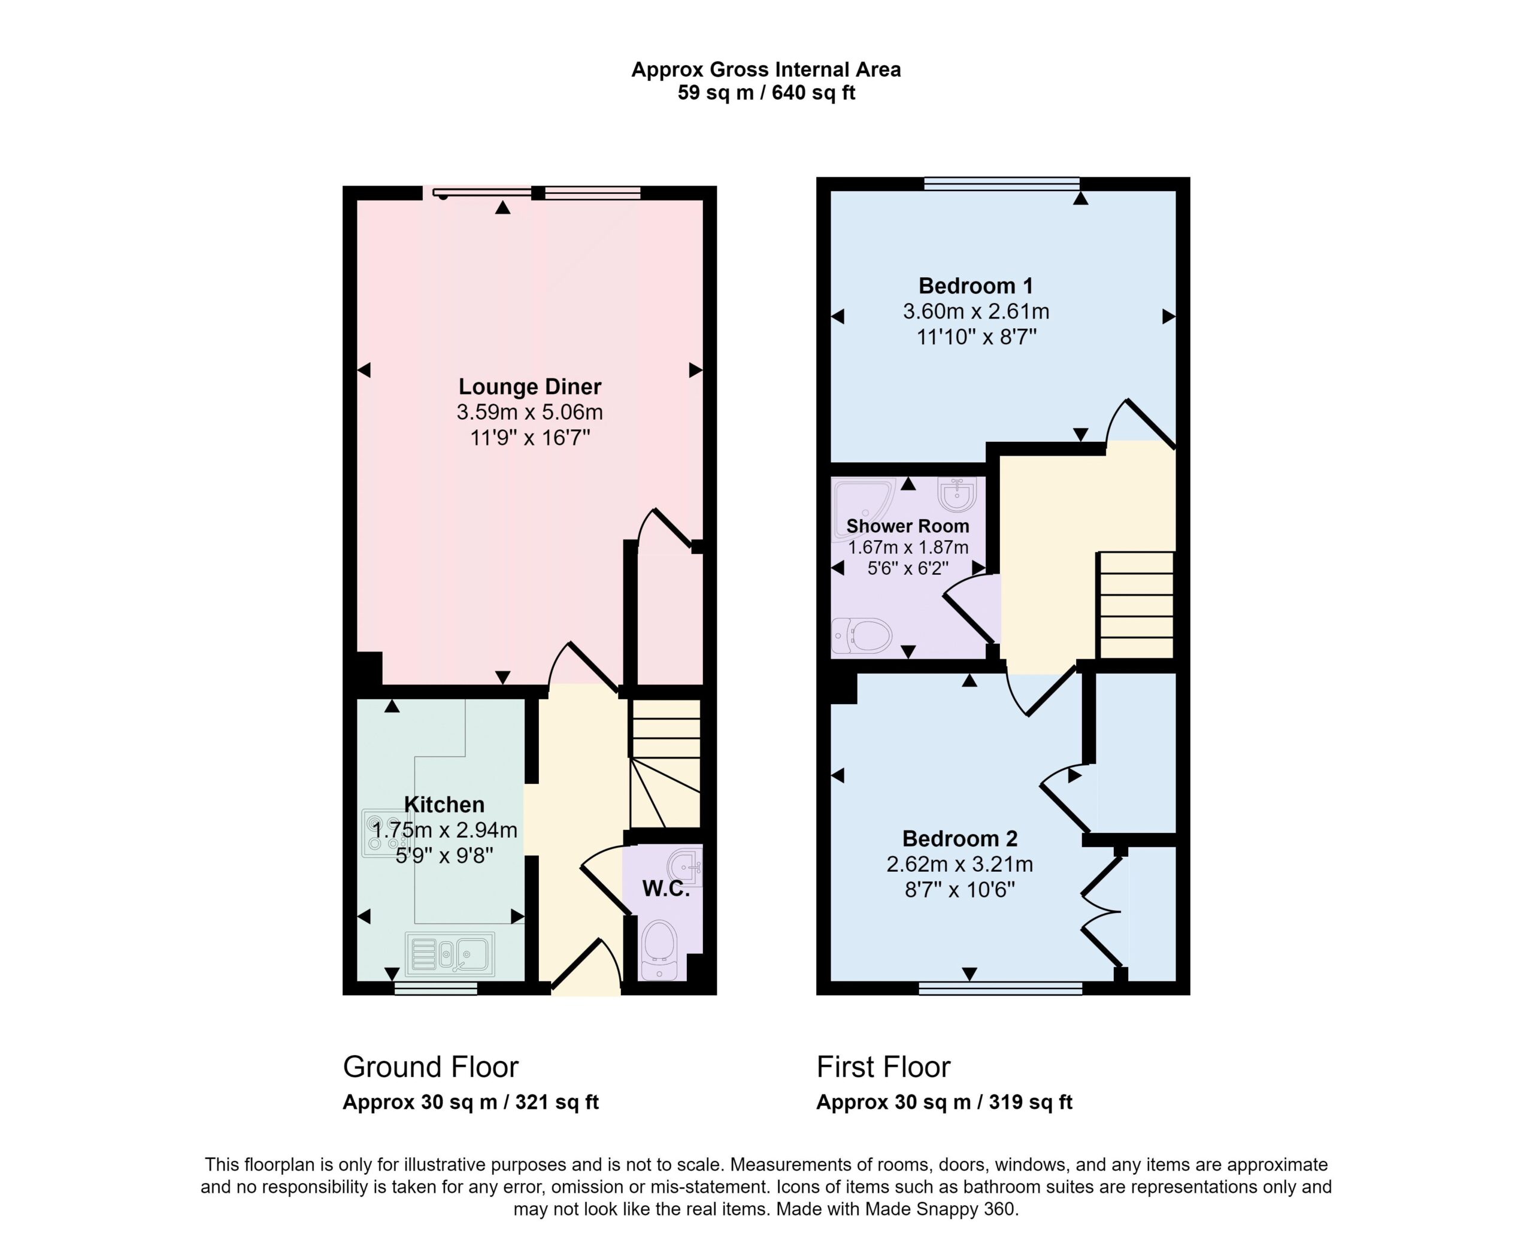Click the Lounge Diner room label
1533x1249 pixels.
click(x=529, y=387)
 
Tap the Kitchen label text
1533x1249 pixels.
click(x=444, y=804)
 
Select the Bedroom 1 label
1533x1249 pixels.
click(x=975, y=286)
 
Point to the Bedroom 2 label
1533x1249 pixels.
click(x=960, y=839)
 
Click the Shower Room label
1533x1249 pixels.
click(x=907, y=526)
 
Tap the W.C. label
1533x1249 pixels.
click(x=665, y=889)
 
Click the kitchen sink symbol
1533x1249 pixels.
click(x=450, y=954)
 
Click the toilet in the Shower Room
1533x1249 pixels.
click(x=861, y=636)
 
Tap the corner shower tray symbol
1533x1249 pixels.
click(x=862, y=510)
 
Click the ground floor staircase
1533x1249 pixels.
click(x=665, y=764)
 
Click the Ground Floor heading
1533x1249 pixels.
click(x=430, y=1067)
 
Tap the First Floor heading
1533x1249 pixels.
click(x=883, y=1067)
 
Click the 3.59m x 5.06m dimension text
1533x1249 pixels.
click(x=529, y=413)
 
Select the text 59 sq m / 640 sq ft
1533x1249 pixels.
click(x=766, y=93)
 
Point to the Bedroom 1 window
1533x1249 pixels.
click(x=1001, y=184)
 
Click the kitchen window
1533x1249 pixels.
click(x=436, y=989)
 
